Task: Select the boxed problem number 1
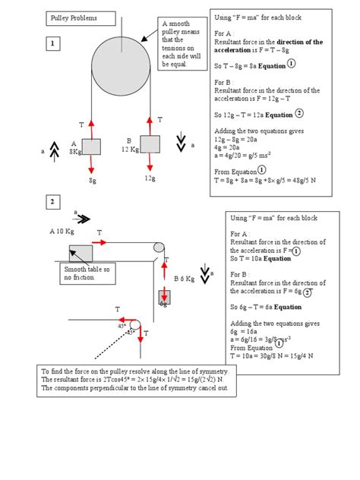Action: (x=53, y=45)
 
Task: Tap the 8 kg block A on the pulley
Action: (x=92, y=147)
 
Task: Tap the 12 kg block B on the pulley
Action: (x=150, y=144)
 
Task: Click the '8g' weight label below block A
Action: (x=93, y=181)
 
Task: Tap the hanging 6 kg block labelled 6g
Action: (x=164, y=298)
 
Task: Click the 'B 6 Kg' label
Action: (x=184, y=279)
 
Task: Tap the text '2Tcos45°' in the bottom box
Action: (x=115, y=378)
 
